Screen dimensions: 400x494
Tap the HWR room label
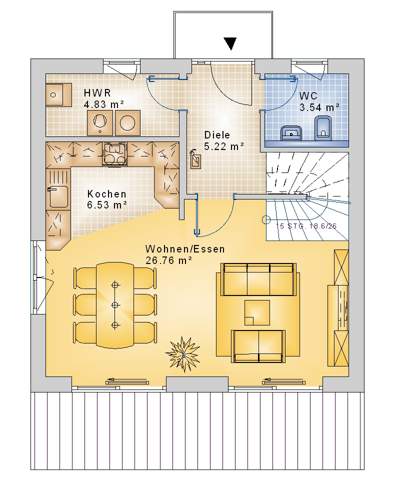[x=97, y=93]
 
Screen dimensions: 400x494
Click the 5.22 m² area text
[x=224, y=146]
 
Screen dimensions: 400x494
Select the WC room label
[x=308, y=96]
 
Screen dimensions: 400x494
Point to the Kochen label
[x=107, y=194]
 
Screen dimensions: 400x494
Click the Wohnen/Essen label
[x=185, y=249]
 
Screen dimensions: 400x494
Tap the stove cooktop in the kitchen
[x=114, y=153]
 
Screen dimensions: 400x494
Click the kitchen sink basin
[x=58, y=196]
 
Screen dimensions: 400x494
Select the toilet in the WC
[x=323, y=127]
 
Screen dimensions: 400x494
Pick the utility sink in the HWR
[x=58, y=94]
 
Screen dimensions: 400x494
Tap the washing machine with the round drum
[x=127, y=123]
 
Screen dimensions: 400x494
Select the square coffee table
[x=257, y=312]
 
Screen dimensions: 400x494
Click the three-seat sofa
[x=258, y=279]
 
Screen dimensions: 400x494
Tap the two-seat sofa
[x=258, y=346]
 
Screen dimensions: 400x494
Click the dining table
[x=115, y=305]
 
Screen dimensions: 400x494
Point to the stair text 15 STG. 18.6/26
[x=306, y=226]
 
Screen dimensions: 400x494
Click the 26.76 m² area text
[x=169, y=260]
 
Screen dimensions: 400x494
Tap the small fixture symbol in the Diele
[x=194, y=159]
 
